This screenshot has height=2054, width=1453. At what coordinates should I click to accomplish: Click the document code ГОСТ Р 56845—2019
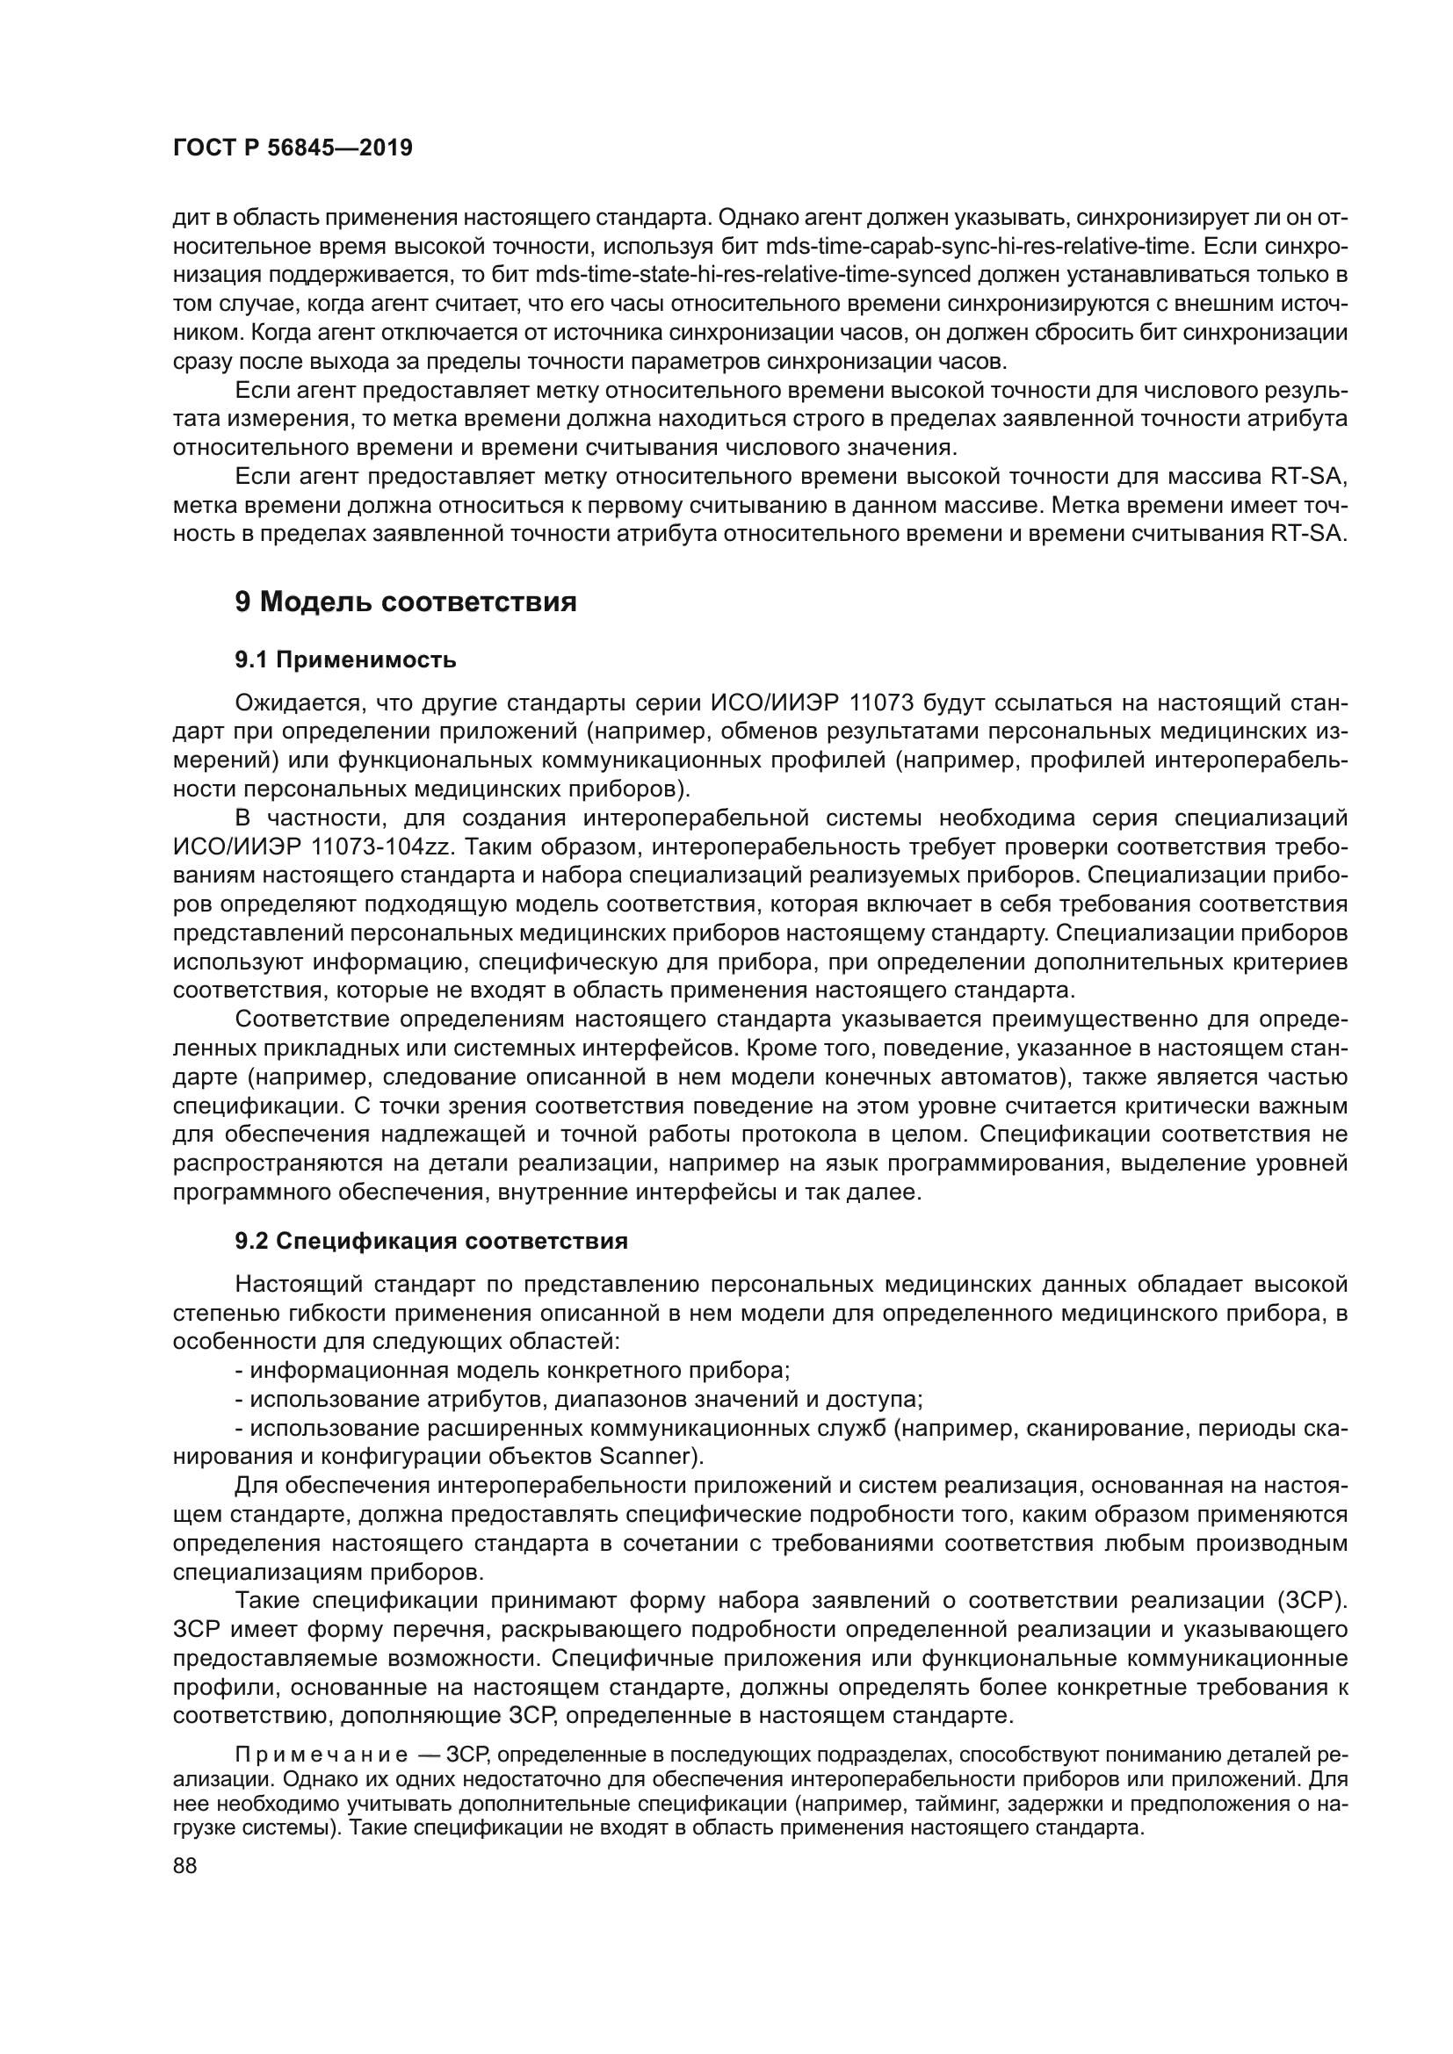[x=293, y=148]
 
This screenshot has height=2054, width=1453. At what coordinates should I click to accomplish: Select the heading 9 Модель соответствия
[x=405, y=602]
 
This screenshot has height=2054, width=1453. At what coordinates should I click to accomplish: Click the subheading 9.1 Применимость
[x=345, y=660]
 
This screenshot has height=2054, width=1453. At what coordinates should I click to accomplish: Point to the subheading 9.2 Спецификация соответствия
[x=431, y=1241]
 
